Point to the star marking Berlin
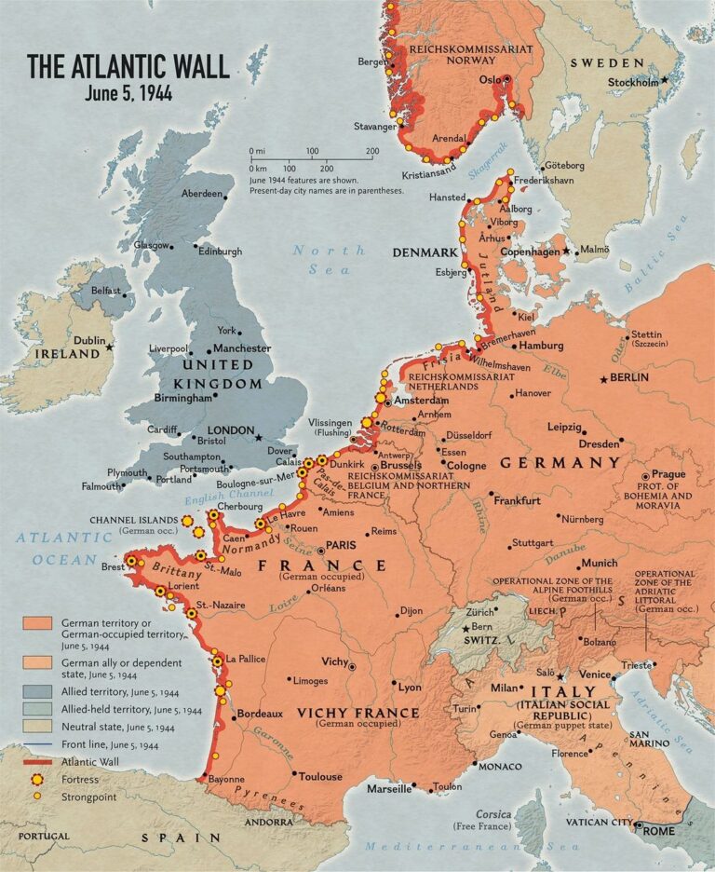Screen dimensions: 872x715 [604, 379]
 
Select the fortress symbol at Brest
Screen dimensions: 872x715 [131, 561]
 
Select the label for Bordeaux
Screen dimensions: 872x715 [260, 714]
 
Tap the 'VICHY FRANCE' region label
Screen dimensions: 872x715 [357, 712]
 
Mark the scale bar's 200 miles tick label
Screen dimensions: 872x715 [372, 151]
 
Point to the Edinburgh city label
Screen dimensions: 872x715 [220, 252]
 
